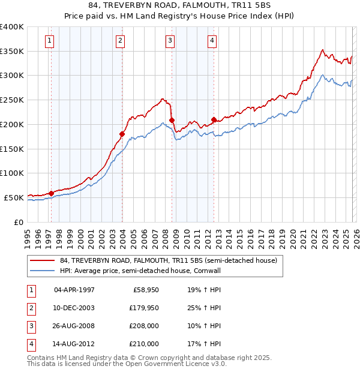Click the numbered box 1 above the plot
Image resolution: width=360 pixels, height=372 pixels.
pyautogui.click(x=49, y=41)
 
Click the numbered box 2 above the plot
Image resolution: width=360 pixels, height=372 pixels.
pyautogui.click(x=120, y=41)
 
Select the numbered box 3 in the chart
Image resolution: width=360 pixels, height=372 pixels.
pyautogui.click(x=170, y=41)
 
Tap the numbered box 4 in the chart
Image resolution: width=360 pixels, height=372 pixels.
pyautogui.click(x=212, y=41)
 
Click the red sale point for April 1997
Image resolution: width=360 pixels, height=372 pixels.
pyautogui.click(x=51, y=193)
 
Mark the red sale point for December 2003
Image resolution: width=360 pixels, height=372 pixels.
pyautogui.click(x=122, y=134)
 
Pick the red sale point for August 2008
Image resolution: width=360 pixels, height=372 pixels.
pyautogui.click(x=172, y=120)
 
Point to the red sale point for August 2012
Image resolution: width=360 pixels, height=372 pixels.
pyautogui.click(x=214, y=119)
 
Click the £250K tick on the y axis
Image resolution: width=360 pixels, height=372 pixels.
pyautogui.click(x=12, y=100)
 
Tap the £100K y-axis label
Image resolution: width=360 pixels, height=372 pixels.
pyautogui.click(x=12, y=173)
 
